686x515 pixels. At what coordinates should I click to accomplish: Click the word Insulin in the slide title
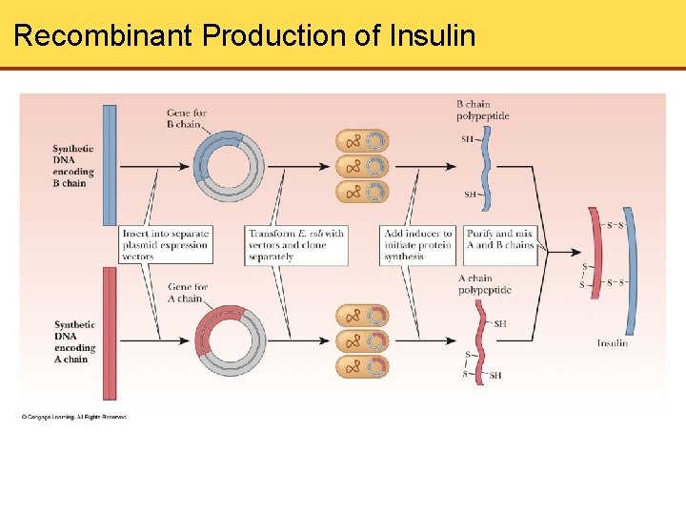coord(433,36)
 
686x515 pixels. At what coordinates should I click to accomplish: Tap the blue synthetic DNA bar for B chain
coord(110,164)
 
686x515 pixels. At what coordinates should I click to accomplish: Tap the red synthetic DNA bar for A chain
coord(110,333)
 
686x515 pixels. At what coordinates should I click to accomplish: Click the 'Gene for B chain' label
coord(187,118)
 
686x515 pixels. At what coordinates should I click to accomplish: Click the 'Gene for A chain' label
coord(188,293)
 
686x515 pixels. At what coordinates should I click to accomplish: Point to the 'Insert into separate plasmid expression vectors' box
coord(165,245)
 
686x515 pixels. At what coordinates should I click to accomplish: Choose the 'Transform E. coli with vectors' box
coord(296,245)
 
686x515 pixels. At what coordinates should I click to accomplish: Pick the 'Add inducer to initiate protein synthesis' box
coord(418,245)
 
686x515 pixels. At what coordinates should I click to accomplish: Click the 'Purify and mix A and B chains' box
coord(500,239)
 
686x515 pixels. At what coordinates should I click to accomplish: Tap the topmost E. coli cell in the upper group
coord(362,141)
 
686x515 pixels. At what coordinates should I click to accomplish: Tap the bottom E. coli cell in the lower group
coord(362,366)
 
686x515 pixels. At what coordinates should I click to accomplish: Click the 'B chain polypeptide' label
coord(483,110)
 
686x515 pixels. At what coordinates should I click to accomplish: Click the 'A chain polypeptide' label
coord(484,284)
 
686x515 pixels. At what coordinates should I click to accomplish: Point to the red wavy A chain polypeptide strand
coord(481,339)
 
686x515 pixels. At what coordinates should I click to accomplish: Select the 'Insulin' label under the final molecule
coord(612,343)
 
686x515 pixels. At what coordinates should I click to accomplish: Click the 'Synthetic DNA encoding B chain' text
coord(73,166)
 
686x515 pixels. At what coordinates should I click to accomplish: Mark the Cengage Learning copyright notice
coord(73,417)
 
